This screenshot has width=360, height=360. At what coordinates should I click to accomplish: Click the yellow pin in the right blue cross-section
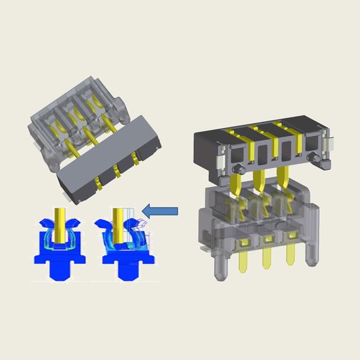coord(118,223)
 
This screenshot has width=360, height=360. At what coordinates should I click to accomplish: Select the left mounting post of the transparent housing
coord(218,267)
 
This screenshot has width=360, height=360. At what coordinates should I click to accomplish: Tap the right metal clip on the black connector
coord(330,143)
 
